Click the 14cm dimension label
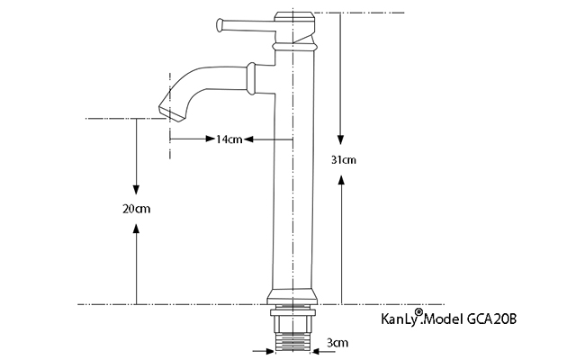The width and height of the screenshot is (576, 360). pyautogui.click(x=229, y=139)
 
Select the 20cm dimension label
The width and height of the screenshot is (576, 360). pyautogui.click(x=137, y=208)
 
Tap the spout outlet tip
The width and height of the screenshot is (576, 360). pyautogui.click(x=168, y=112)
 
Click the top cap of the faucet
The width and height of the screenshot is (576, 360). pyautogui.click(x=294, y=16)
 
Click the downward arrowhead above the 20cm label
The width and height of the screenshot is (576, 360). pyautogui.click(x=137, y=186)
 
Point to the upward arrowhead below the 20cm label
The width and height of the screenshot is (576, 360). pyautogui.click(x=137, y=232)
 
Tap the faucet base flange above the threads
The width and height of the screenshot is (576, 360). pyautogui.click(x=292, y=299)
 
